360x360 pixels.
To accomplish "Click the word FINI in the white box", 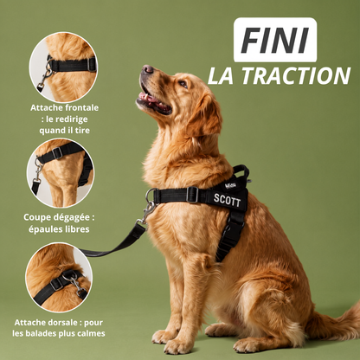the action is click(x=274, y=40).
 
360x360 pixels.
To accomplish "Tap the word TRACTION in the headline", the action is click(x=296, y=76).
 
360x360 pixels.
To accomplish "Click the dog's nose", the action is click(x=148, y=69).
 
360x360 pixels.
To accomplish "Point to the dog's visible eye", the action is click(x=183, y=84).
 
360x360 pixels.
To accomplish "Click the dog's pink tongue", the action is click(x=147, y=98).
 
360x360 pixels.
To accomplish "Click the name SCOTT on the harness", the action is click(x=227, y=200).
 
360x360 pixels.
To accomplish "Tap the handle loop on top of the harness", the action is click(x=241, y=172).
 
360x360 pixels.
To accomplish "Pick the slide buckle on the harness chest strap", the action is click(x=192, y=195).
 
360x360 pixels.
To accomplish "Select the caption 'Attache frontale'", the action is click(x=64, y=108).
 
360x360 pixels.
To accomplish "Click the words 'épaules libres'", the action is click(x=59, y=229).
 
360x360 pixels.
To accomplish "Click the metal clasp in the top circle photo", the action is click(x=45, y=76).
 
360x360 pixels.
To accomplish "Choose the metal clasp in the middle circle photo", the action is click(x=37, y=170).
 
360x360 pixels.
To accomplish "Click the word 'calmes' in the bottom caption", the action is click(x=92, y=334).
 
